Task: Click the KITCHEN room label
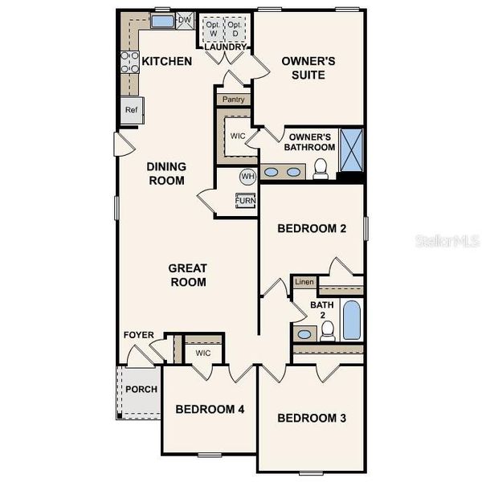click(x=167, y=61)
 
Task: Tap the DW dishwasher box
click(x=184, y=19)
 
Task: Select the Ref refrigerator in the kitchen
click(x=130, y=110)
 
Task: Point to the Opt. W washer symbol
click(x=212, y=30)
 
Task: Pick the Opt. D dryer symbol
click(x=235, y=30)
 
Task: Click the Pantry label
click(x=234, y=100)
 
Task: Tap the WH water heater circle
click(x=247, y=176)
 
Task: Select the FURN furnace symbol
click(x=246, y=200)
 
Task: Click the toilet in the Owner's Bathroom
click(x=321, y=168)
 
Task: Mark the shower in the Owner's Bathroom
click(x=351, y=150)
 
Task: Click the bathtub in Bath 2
click(x=352, y=321)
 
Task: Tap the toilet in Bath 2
click(x=327, y=332)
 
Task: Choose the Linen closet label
click(x=304, y=282)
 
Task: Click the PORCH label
click(x=141, y=390)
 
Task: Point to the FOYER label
click(x=138, y=335)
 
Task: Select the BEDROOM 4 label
click(x=210, y=410)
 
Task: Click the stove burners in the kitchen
click(x=129, y=63)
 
